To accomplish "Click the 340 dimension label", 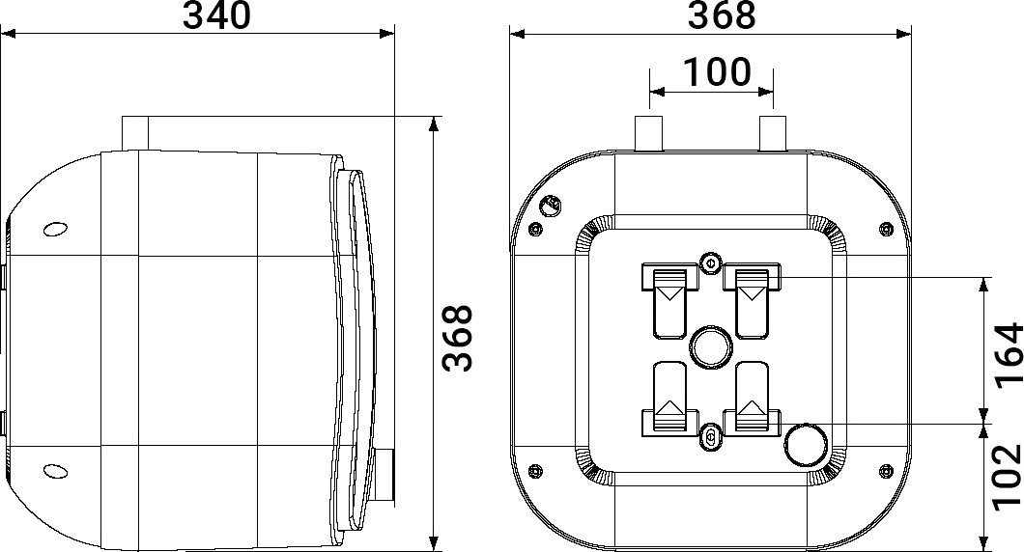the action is [216, 15].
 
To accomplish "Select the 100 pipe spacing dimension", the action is [717, 71].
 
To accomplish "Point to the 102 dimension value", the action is [1007, 475].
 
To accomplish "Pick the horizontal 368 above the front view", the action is [722, 15].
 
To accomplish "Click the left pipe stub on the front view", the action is [649, 133].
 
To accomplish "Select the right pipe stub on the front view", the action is [773, 133].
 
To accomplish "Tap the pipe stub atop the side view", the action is [135, 134].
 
